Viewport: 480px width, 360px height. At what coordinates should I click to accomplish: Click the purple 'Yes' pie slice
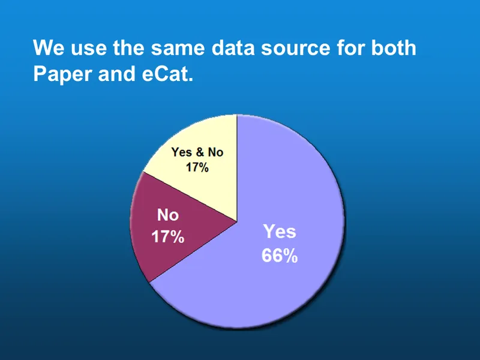pos(282,288)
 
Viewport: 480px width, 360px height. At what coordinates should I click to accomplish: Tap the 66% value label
pos(279,256)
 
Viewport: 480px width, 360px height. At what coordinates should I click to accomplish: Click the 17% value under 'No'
pos(167,237)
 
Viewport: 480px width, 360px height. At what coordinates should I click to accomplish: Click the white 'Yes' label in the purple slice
pos(280,232)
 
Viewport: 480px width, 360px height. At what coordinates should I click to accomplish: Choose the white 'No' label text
pos(167,215)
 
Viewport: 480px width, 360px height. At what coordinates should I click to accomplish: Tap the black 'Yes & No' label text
pos(197,152)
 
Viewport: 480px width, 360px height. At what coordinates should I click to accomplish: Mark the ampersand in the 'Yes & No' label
pos(199,152)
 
